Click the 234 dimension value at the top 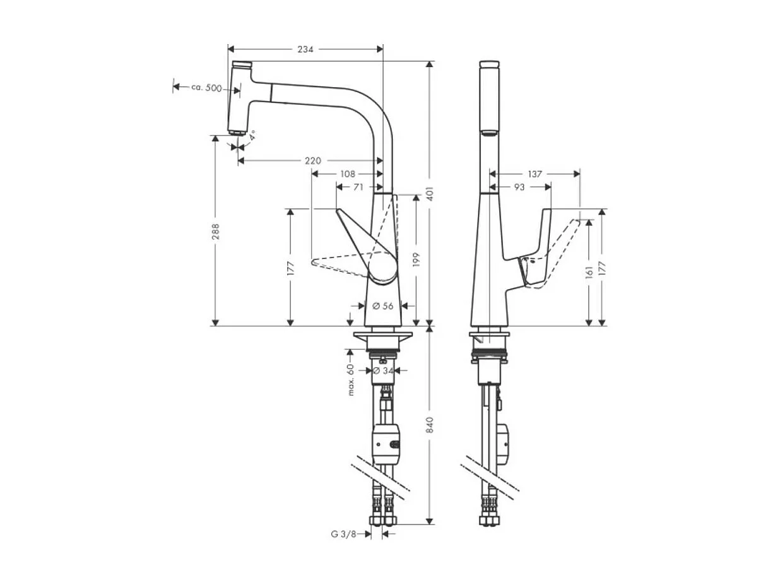point(306,49)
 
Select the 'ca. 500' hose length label point(206,88)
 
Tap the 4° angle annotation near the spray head point(252,136)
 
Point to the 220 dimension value point(312,161)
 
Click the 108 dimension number point(348,174)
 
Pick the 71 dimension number point(358,187)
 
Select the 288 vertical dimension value point(215,231)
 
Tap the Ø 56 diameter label point(382,305)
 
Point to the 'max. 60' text point(351,380)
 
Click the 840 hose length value point(430,425)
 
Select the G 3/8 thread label point(343,534)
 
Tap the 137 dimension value point(535,174)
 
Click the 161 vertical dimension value point(589,271)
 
